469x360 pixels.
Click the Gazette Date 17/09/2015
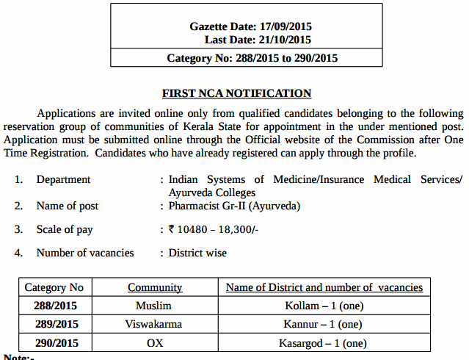tap(250, 26)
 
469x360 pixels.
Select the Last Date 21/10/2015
tap(258, 40)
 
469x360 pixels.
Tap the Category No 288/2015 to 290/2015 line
tap(252, 58)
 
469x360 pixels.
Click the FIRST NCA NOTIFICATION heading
tap(236, 93)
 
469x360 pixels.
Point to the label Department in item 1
tap(64, 179)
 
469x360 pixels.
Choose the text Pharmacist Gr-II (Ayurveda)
tap(235, 206)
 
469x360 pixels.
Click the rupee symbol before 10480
tap(172, 229)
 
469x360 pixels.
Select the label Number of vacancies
tap(85, 253)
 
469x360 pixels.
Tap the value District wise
tap(197, 253)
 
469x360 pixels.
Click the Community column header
tap(155, 287)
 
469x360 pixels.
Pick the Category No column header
tap(54, 287)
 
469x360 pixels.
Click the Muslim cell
tap(154, 306)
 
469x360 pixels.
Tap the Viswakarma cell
tap(154, 324)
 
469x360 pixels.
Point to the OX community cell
tap(154, 342)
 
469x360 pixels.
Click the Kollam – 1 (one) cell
tap(324, 306)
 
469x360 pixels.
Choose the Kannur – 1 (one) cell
tap(324, 324)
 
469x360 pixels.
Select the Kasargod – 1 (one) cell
tap(324, 342)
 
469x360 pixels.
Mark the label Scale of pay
tap(65, 229)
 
